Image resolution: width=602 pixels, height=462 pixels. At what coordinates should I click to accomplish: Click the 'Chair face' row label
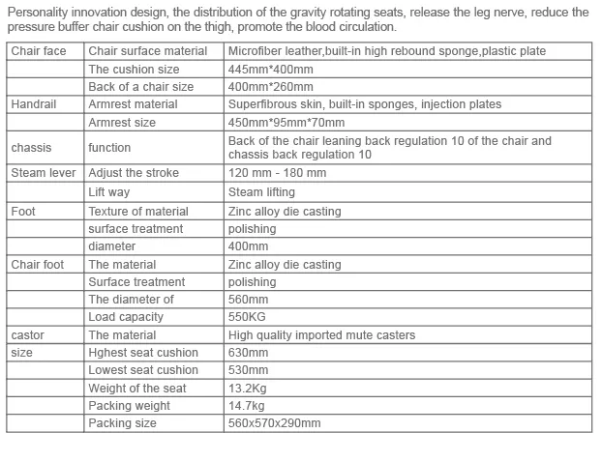39,51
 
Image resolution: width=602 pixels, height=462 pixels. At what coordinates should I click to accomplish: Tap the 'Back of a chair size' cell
140,87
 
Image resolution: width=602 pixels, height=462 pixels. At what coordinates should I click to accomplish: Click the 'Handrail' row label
35,104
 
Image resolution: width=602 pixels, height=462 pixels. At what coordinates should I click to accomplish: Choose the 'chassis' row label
31,148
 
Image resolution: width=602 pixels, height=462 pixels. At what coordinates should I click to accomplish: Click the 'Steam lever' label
43,173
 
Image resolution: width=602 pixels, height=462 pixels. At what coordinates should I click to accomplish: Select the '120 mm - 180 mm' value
277,173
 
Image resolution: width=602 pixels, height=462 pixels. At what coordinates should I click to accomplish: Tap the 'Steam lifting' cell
262,192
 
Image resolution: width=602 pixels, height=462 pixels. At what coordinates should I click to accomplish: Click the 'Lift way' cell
108,192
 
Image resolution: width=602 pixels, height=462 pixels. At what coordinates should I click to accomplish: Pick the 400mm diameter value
250,246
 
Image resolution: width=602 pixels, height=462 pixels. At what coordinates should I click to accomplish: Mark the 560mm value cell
250,300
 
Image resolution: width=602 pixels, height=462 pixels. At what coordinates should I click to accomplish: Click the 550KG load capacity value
248,317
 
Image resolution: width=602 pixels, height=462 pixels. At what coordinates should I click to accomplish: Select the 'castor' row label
28,335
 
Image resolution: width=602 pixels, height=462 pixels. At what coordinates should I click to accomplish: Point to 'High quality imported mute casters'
321,335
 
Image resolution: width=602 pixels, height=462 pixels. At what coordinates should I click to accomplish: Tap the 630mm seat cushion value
250,353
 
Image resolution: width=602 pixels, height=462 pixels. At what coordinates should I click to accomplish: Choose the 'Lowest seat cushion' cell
142,370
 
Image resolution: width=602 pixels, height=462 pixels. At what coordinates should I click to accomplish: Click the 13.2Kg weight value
249,389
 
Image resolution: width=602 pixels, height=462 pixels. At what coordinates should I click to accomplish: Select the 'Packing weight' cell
129,406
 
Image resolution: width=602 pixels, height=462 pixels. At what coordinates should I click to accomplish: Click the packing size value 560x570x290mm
274,423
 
